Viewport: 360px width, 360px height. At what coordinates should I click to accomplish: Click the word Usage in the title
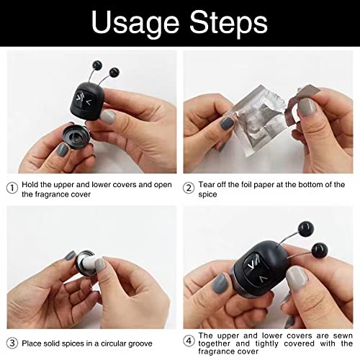click(135, 24)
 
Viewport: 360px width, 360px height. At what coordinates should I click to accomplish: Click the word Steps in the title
click(228, 24)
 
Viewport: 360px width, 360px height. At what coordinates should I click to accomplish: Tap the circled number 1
click(12, 188)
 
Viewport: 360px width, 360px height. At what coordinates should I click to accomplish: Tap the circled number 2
click(189, 188)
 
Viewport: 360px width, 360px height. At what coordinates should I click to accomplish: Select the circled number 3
click(12, 343)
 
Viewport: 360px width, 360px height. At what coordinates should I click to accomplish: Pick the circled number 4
click(189, 341)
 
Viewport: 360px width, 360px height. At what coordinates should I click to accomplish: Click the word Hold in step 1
click(30, 184)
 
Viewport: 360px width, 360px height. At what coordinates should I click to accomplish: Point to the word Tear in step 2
click(207, 184)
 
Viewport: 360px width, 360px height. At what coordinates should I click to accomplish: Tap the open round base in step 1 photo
click(76, 136)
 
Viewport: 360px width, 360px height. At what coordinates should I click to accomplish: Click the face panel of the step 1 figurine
click(84, 99)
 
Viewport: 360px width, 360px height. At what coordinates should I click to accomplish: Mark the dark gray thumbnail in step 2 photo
click(227, 122)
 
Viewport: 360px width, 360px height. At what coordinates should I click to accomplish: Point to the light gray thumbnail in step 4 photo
click(297, 279)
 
